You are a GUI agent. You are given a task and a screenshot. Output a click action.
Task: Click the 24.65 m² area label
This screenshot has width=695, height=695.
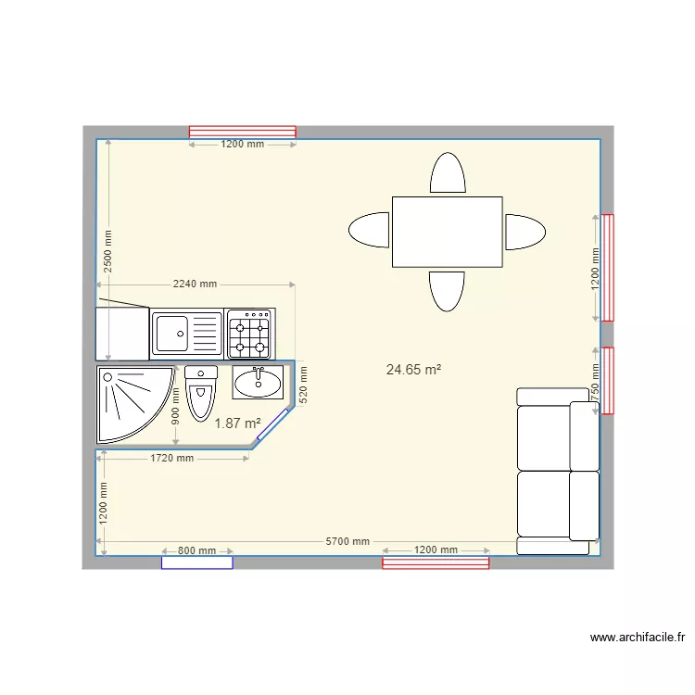pos(413,370)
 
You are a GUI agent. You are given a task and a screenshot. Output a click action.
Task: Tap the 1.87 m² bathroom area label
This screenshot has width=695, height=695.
pos(237,423)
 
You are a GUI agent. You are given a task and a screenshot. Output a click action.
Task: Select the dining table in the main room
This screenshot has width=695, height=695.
pos(447,232)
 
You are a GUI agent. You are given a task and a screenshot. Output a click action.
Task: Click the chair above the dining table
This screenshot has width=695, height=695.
pos(447,173)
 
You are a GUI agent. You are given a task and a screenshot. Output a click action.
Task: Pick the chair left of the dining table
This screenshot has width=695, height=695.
pos(369,231)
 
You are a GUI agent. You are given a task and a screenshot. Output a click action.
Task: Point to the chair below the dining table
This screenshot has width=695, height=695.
pos(447,291)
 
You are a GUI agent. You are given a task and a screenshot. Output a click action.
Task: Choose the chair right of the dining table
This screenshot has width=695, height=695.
pos(524,232)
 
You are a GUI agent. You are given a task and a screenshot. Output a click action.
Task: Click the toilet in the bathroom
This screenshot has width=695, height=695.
pos(201,393)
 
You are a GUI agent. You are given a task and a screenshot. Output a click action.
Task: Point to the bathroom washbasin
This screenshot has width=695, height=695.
pos(259,382)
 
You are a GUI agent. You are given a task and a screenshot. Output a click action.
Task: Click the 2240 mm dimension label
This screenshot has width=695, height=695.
pos(195,284)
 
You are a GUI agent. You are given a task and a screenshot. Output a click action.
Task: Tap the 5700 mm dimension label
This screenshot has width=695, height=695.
pos(348,541)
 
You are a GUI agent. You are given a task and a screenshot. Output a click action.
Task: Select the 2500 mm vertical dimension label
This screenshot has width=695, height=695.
pos(107,249)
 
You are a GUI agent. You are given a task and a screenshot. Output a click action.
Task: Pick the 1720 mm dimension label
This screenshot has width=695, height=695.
pos(173,458)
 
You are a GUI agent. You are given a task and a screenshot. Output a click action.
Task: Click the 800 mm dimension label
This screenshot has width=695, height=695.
pos(196,550)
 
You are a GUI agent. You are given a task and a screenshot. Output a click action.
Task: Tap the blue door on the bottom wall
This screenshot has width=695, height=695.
pos(196,562)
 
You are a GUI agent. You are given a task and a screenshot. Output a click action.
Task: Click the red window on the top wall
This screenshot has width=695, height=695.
pos(243,132)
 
